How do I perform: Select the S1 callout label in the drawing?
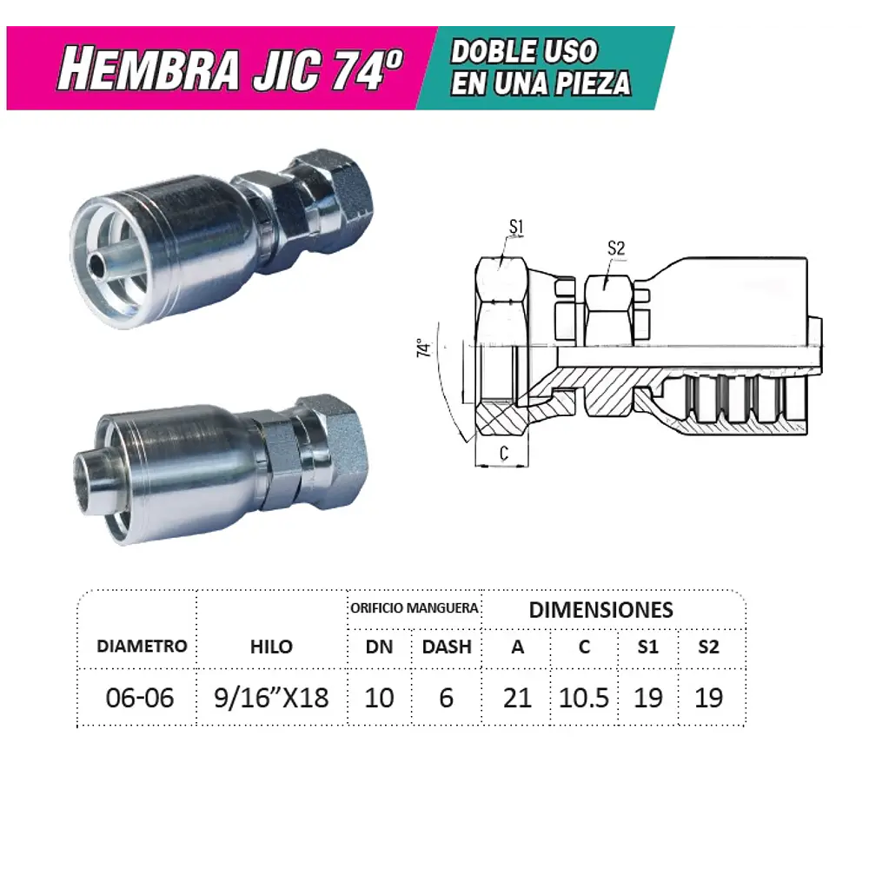tap(516, 228)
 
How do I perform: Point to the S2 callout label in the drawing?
tap(616, 249)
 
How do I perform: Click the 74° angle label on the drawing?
tap(424, 348)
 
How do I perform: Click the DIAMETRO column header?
tap(142, 647)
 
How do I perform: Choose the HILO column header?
tap(271, 647)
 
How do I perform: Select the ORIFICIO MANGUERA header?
tap(415, 608)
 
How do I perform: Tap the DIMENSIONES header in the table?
tap(600, 609)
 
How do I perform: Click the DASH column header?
tap(447, 647)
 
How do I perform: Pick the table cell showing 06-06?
tap(139, 698)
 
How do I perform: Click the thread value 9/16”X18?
tap(271, 698)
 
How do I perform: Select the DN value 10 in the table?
tap(379, 698)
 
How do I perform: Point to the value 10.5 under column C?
tap(584, 698)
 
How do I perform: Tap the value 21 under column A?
tap(517, 698)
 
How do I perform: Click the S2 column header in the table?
tap(709, 647)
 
